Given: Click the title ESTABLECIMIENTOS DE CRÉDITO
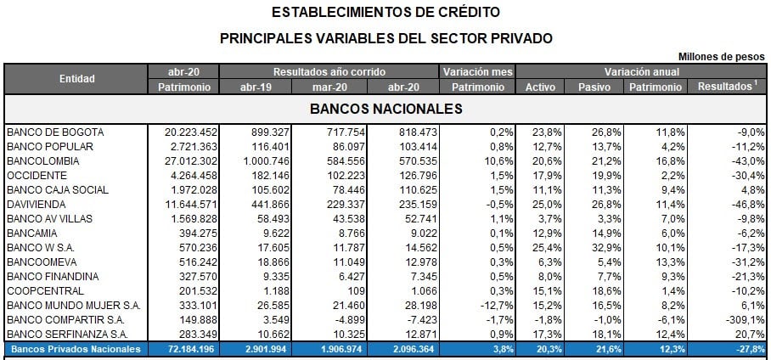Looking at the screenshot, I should click(x=385, y=13).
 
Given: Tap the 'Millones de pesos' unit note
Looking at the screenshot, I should click(x=723, y=56).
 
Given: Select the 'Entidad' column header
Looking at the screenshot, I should click(x=76, y=79).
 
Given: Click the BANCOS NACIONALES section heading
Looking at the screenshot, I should click(x=385, y=110).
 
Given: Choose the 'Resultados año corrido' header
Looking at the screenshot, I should click(x=329, y=72).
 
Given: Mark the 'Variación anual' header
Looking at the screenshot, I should click(x=642, y=72).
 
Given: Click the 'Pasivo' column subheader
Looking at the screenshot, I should click(x=594, y=87).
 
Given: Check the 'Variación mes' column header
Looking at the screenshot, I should click(x=478, y=72).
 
